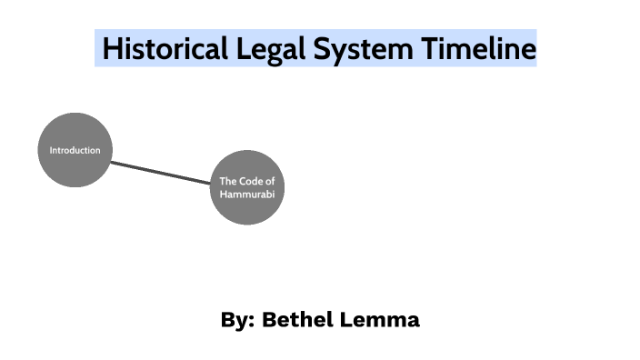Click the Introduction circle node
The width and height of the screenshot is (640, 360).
coord(75,150)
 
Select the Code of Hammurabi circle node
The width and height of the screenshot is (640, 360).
coord(247,187)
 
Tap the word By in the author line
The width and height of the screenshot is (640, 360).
coord(233,320)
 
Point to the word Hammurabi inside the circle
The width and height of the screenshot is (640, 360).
coord(247,195)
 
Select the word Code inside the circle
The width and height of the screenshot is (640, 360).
coord(248,182)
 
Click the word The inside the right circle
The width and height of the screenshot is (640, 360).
coord(227,182)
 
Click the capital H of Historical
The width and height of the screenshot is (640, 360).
coord(111,48)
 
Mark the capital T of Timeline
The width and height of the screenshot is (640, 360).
coord(428,48)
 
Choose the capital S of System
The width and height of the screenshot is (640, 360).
coord(322,48)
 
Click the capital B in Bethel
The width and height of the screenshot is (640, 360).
coord(268,320)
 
